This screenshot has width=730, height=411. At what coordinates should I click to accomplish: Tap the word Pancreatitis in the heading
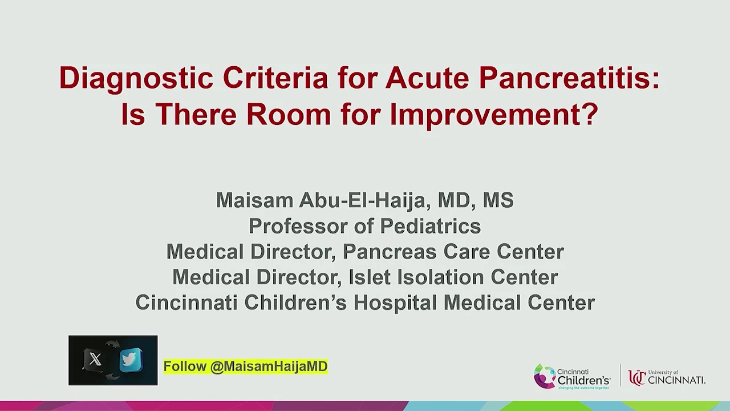pyautogui.click(x=569, y=78)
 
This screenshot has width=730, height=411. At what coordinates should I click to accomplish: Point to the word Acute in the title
pyautogui.click(x=427, y=78)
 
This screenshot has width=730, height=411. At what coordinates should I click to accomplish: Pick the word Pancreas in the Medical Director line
pyautogui.click(x=390, y=252)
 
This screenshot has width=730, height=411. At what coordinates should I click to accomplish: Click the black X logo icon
pyautogui.click(x=95, y=360)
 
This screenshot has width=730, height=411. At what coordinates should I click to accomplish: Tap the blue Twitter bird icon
pyautogui.click(x=131, y=360)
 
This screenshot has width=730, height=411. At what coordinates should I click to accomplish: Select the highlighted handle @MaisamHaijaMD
pyautogui.click(x=269, y=366)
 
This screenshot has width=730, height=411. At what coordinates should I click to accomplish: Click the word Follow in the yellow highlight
pyautogui.click(x=185, y=366)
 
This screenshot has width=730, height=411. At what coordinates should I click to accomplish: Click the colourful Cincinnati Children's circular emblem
pyautogui.click(x=544, y=376)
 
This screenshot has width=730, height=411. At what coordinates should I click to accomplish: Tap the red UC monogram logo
pyautogui.click(x=637, y=378)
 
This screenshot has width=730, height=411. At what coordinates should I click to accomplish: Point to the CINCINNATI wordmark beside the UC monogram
pyautogui.click(x=676, y=380)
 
